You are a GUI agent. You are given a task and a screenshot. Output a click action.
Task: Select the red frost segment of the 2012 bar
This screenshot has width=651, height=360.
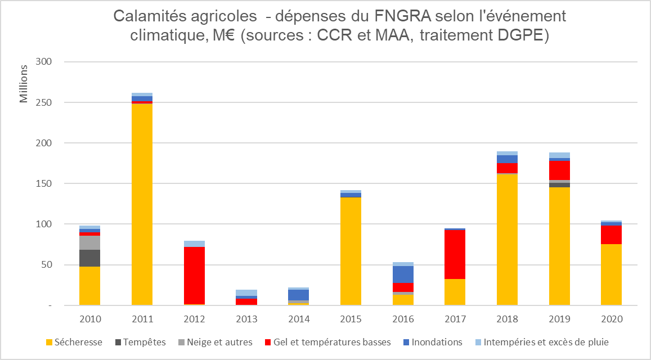(x=194, y=276)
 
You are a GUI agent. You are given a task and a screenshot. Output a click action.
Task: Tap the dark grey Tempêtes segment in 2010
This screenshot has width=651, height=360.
(x=89, y=258)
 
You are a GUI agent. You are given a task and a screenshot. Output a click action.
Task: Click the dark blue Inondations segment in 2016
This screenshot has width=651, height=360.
(x=403, y=274)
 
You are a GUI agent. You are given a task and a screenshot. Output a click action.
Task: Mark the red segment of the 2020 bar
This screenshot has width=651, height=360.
(x=611, y=235)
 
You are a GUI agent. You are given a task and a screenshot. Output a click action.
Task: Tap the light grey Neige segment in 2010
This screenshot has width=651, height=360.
(x=89, y=242)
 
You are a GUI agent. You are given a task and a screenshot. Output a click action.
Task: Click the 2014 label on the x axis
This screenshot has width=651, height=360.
(x=299, y=319)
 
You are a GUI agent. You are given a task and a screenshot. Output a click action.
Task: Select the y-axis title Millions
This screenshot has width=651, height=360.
(x=24, y=84)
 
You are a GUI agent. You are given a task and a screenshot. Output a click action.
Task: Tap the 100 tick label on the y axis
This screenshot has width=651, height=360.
(x=43, y=224)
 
